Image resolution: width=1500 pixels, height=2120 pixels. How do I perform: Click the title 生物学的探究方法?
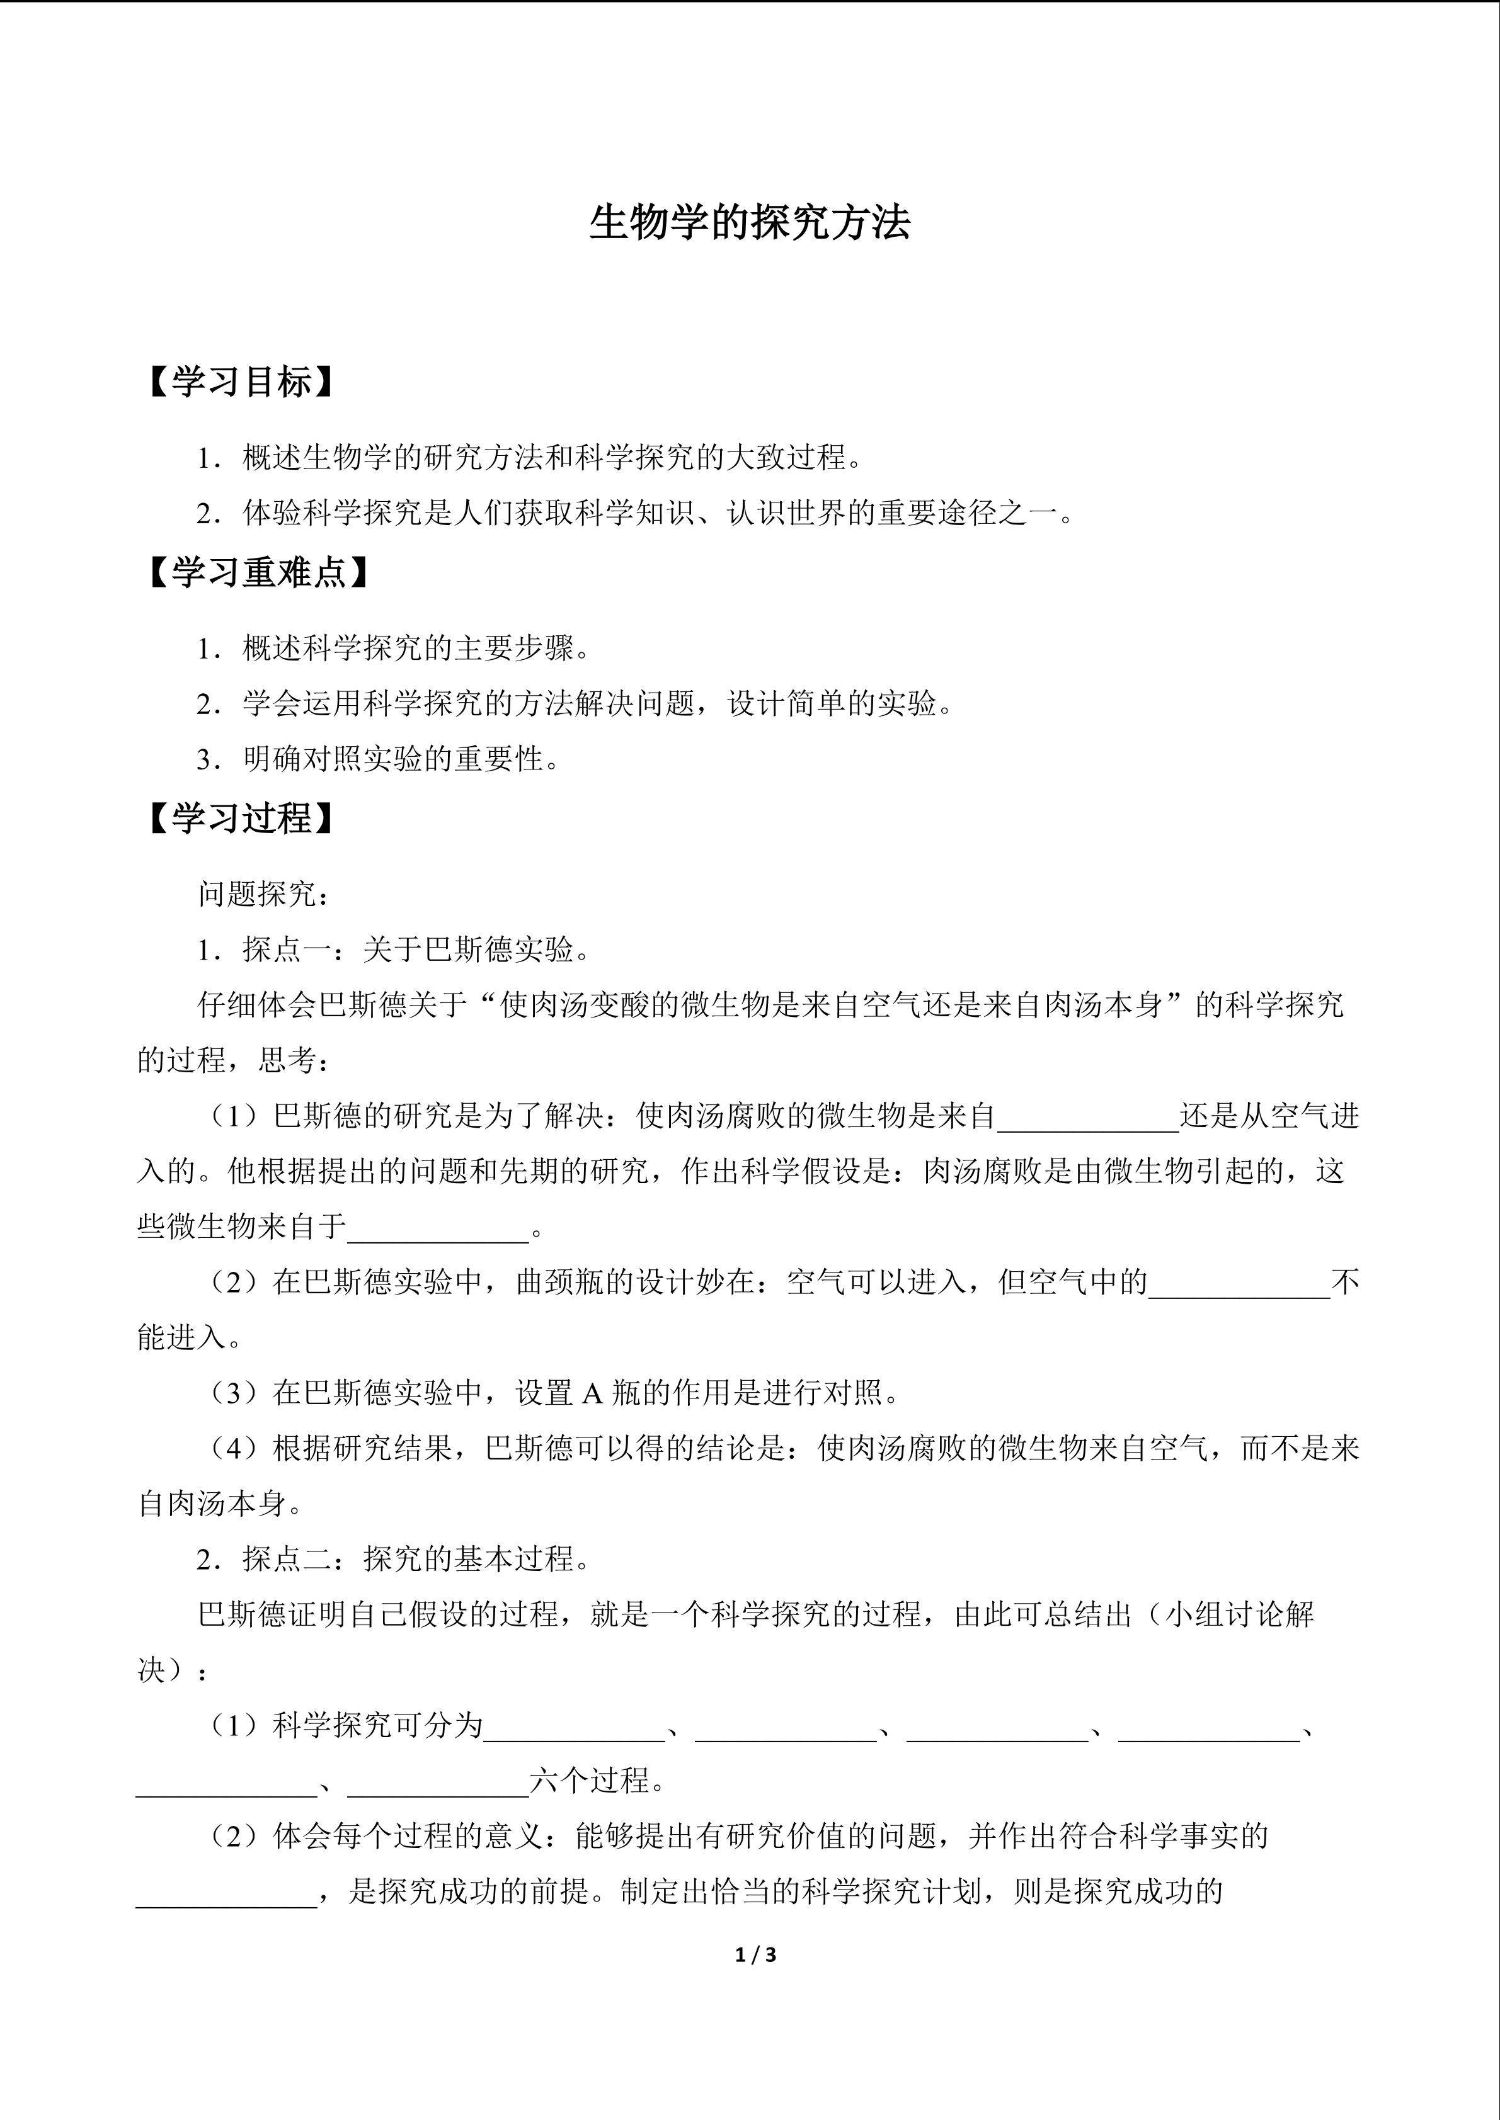749,224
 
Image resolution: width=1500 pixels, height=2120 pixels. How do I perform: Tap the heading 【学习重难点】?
259,574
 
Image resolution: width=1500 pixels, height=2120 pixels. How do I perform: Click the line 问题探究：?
264,894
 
